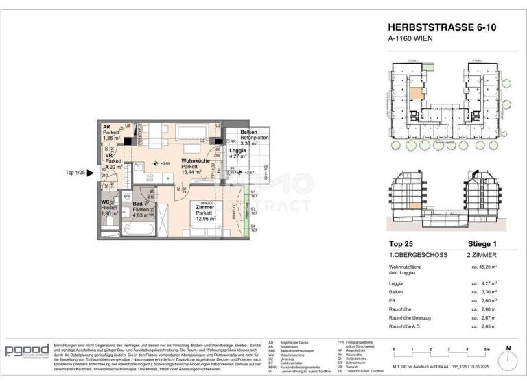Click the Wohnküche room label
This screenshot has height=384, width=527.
[196, 160]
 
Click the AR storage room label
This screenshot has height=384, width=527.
[107, 128]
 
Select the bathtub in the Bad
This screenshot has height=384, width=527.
[146, 230]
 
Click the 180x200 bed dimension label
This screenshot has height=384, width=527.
[206, 204]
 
